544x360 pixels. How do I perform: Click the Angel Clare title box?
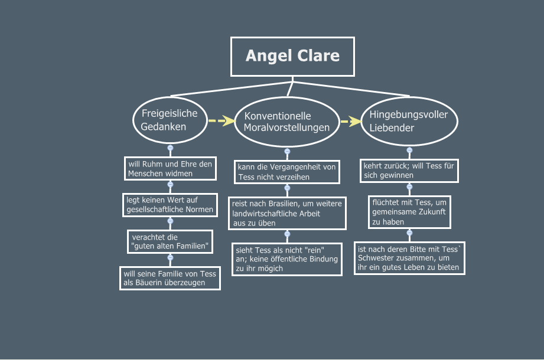pos(292,57)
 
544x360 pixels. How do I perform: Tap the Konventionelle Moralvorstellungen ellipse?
pos(287,122)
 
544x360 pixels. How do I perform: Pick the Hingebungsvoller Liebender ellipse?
pos(409,121)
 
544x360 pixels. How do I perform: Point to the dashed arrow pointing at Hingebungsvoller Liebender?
pos(350,122)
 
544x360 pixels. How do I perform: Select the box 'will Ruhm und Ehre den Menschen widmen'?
pos(170,169)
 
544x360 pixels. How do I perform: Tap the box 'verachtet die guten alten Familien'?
pos(170,241)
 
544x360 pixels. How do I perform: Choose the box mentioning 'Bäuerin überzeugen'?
pos(170,278)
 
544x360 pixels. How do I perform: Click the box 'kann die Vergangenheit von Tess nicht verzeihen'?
pos(287,172)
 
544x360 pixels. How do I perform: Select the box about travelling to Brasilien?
pos(287,214)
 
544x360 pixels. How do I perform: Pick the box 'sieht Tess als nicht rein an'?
pos(287,258)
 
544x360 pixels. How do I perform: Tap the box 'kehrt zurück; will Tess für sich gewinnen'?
pos(409,171)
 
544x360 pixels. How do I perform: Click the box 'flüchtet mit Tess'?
pos(409,212)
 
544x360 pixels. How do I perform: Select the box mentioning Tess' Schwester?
pos(409,258)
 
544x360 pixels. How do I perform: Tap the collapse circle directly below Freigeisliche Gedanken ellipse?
pos(170,148)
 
